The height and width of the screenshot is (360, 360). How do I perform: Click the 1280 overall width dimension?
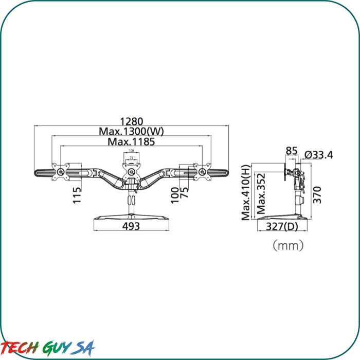coord(131,122)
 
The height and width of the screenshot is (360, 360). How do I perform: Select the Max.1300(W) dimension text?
coord(131,132)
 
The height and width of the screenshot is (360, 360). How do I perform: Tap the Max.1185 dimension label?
coord(131,141)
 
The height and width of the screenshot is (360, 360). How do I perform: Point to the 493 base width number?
coord(131,225)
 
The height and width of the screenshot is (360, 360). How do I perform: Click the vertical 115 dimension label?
coord(77,195)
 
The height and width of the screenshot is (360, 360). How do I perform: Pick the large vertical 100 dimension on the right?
coord(175,195)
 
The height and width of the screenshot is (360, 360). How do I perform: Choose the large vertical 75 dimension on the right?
coord(185,196)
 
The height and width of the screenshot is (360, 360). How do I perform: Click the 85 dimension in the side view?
coord(292,151)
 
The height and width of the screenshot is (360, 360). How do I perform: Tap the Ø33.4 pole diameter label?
coord(318,154)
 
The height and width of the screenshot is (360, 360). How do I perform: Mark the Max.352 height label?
coord(262,194)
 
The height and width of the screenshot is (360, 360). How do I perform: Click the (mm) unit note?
coord(288,245)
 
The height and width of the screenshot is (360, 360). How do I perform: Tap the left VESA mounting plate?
coord(60,172)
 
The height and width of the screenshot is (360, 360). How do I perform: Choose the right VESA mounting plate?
coord(202,172)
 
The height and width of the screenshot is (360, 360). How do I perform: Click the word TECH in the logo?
coord(20,347)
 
